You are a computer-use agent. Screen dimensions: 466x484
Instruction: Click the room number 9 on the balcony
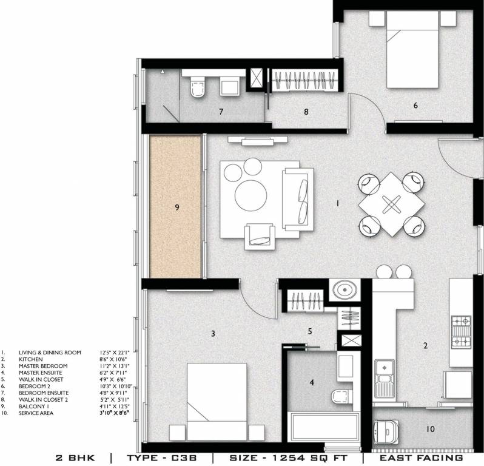coord(177,207)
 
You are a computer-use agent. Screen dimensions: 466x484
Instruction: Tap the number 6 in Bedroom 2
coord(415,106)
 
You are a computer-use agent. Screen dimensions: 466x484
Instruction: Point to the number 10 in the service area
coord(431,429)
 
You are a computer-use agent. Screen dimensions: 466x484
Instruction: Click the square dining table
coord(390,204)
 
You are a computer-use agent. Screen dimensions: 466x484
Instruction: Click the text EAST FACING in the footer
coord(422,458)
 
